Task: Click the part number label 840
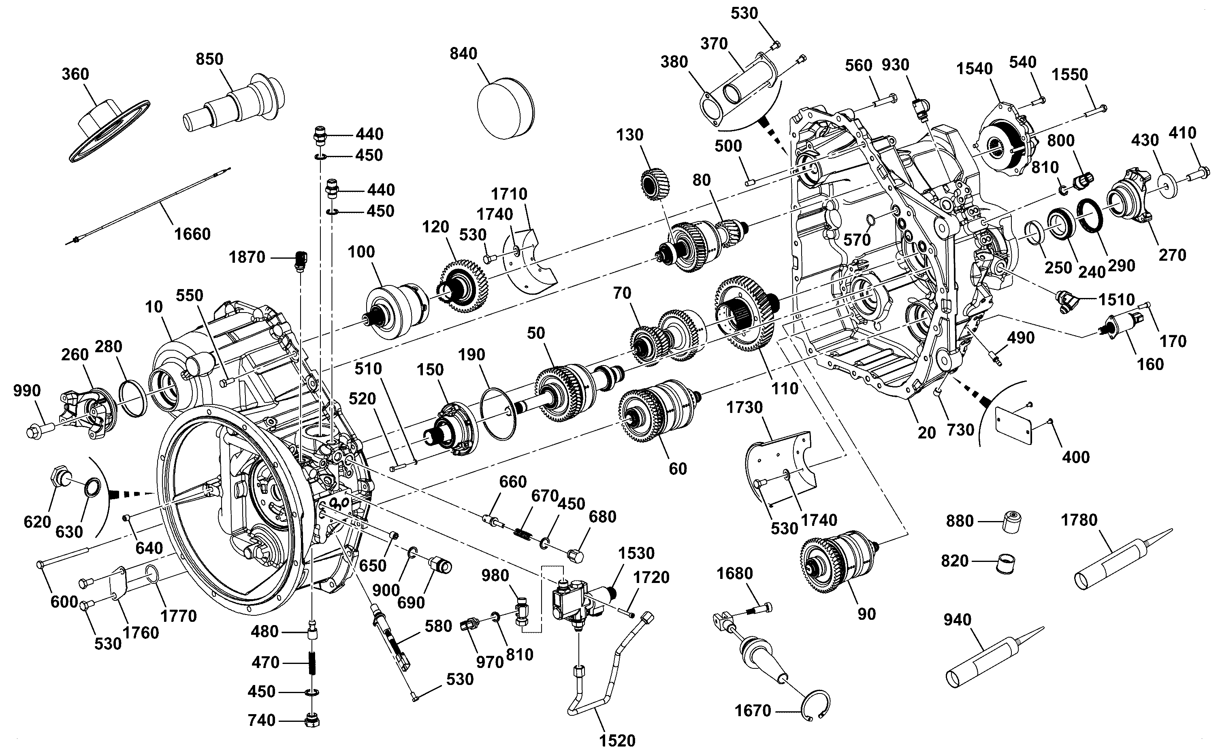pos(463,54)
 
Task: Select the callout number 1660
pos(192,234)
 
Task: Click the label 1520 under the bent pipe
pos(617,740)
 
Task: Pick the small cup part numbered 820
pos(1005,563)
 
